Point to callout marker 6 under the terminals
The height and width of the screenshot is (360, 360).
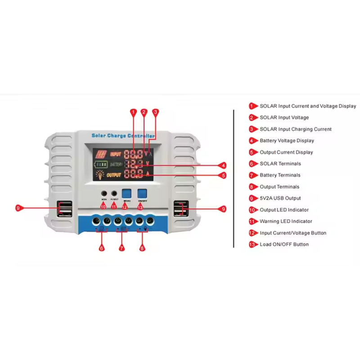pos(102,248)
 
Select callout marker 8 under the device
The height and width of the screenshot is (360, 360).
pos(143,248)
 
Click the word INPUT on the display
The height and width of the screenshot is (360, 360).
pos(116,154)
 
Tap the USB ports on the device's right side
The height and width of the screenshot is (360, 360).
pos(180,208)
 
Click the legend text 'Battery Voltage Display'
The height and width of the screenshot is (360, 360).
pos(287,141)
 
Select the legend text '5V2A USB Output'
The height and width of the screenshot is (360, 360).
pos(280,198)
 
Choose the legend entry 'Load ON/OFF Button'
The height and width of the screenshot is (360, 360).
pos(284,244)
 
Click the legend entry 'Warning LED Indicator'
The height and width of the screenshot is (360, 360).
pos(286,221)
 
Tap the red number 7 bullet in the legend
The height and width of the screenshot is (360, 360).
pos(252,175)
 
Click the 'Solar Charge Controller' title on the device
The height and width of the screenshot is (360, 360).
pos(123,135)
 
